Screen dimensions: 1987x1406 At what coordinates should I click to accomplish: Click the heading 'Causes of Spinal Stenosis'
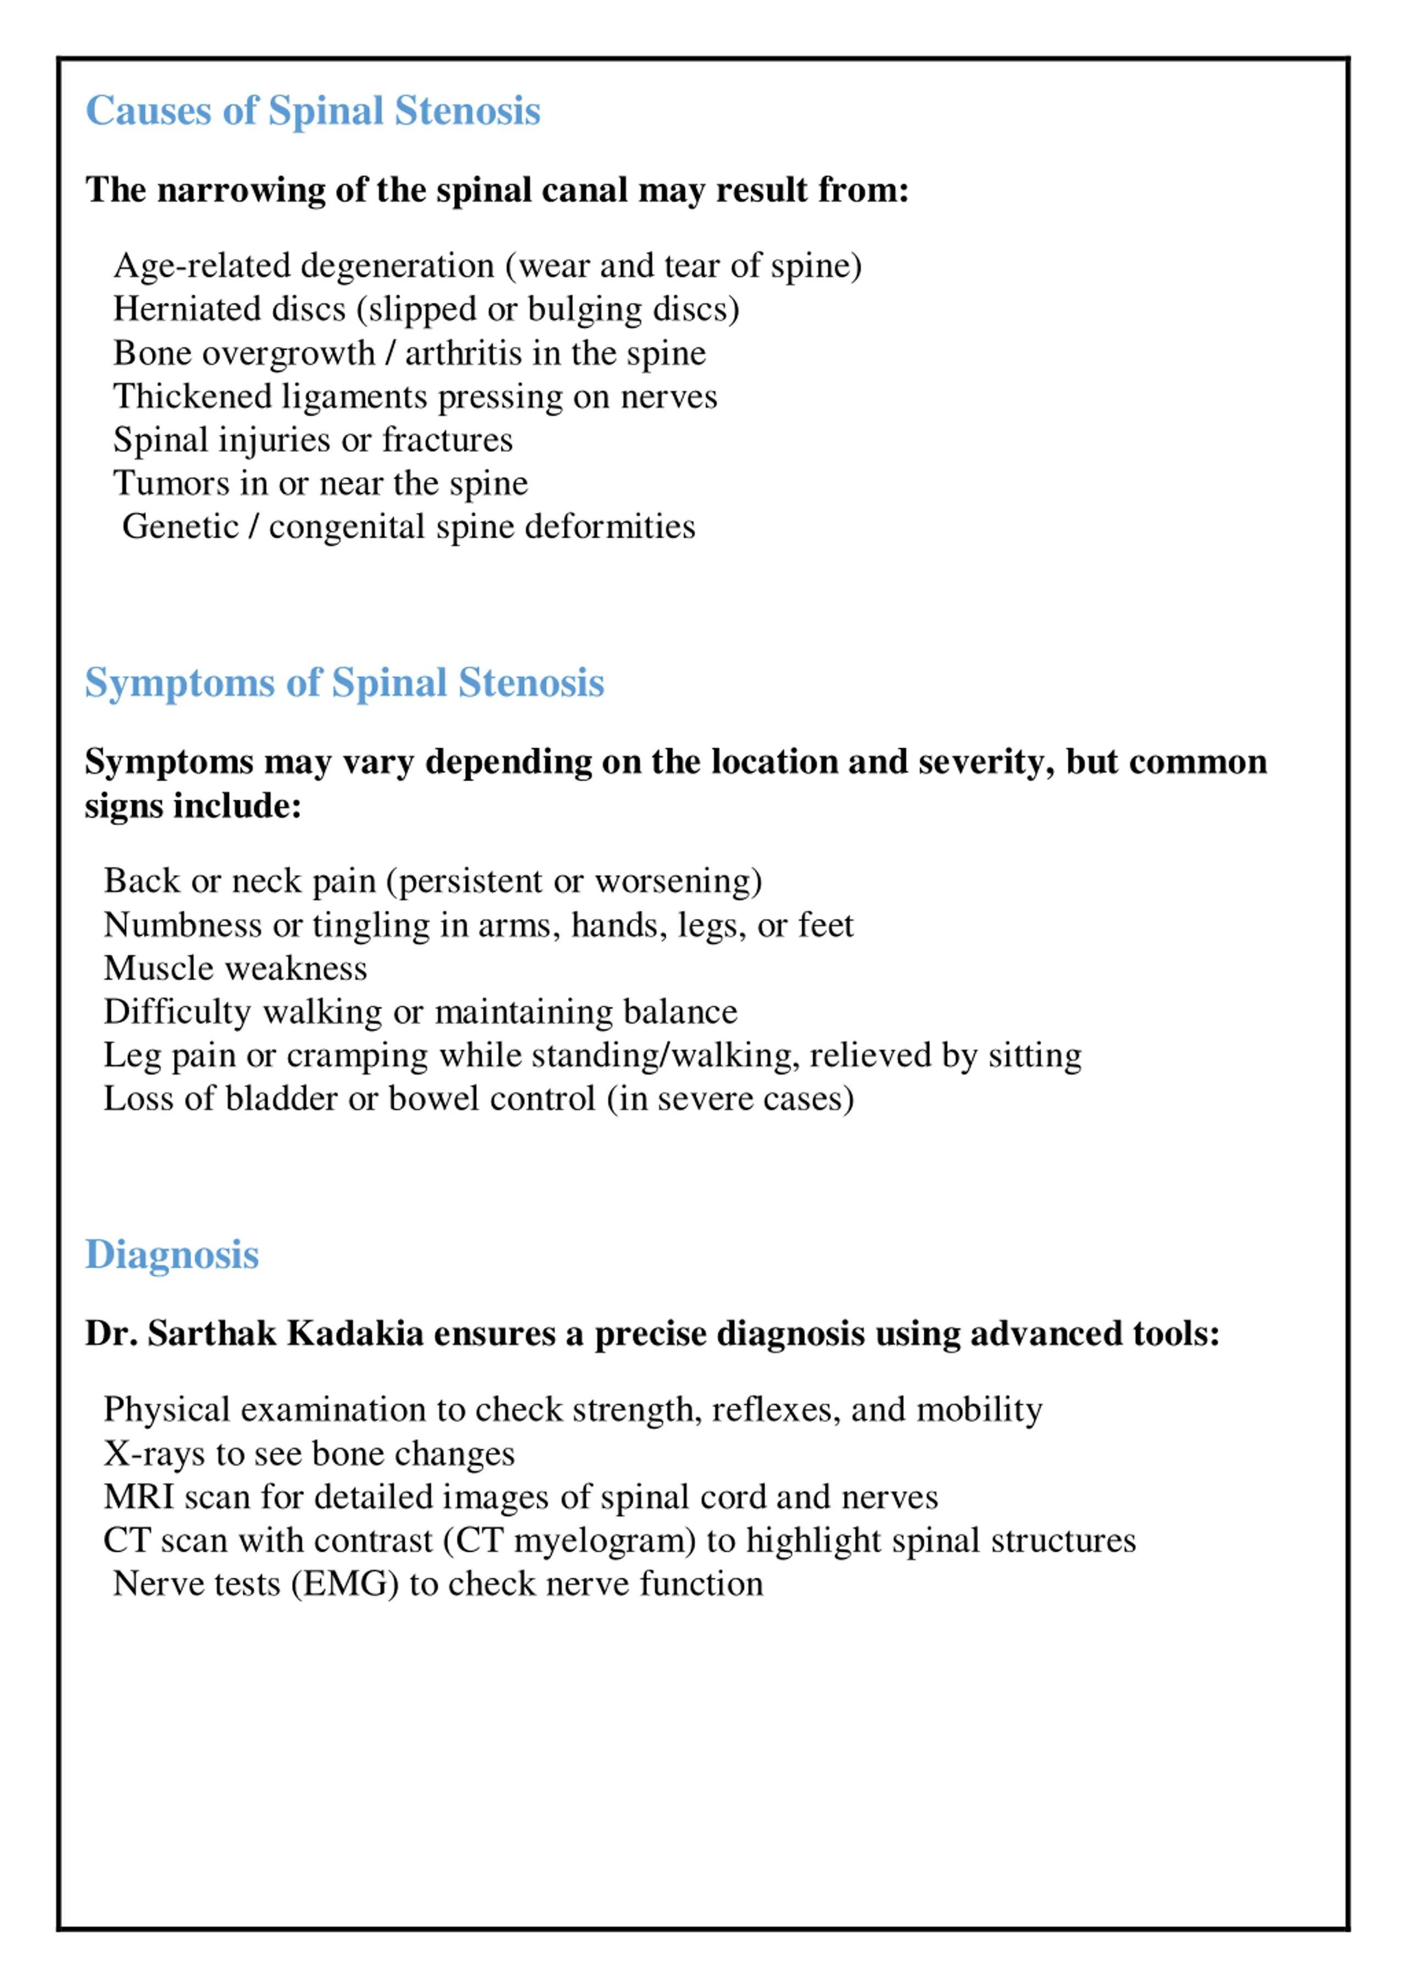coord(313,111)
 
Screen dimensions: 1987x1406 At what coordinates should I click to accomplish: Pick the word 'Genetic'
coord(180,526)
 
